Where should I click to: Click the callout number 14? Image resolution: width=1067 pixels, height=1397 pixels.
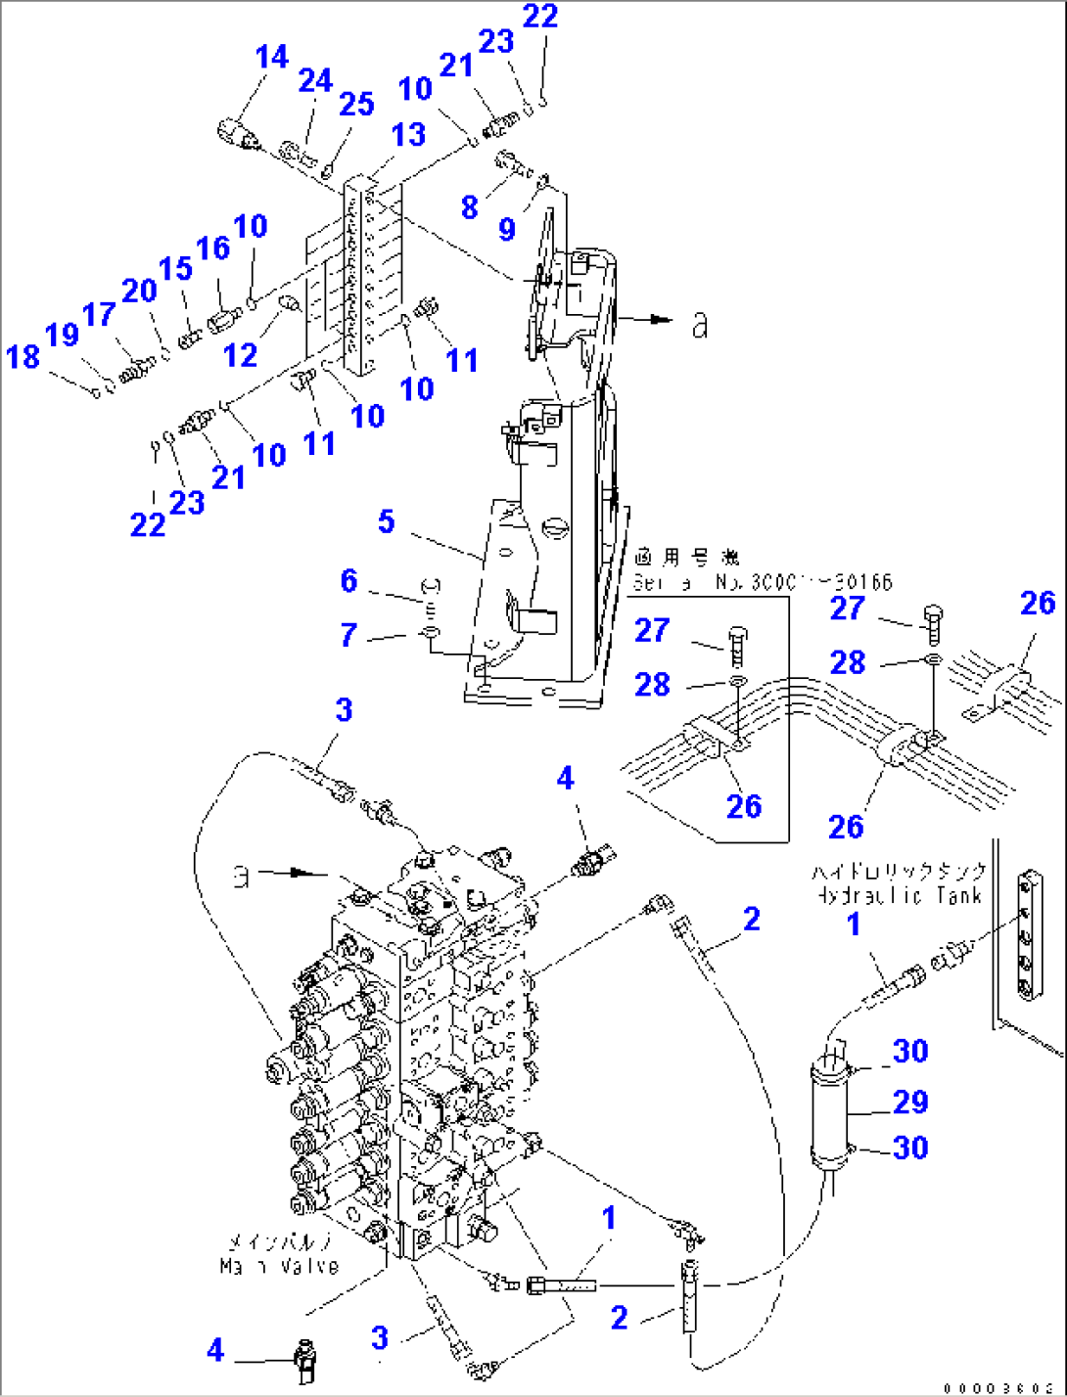[271, 58]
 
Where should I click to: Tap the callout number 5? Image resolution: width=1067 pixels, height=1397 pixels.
[387, 521]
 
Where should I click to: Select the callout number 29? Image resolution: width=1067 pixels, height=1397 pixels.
[909, 1102]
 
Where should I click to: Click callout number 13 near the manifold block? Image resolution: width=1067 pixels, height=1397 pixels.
[408, 135]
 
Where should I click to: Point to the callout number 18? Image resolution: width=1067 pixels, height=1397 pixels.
[23, 357]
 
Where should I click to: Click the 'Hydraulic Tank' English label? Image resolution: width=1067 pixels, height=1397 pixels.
[897, 895]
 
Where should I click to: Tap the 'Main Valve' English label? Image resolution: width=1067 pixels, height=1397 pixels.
[279, 1266]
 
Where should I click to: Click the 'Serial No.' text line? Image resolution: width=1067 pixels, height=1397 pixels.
[762, 583]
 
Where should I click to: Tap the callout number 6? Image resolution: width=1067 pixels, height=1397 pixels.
[348, 580]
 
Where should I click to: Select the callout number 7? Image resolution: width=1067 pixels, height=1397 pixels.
[348, 635]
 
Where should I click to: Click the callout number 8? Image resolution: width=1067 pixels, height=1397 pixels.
[470, 206]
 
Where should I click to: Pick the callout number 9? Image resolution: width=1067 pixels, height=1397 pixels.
[506, 229]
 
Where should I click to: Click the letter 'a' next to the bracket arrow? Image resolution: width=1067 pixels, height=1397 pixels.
[699, 325]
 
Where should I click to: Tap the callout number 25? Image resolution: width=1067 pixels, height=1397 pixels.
[356, 104]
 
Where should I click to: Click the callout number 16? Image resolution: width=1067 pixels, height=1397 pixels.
[212, 248]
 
